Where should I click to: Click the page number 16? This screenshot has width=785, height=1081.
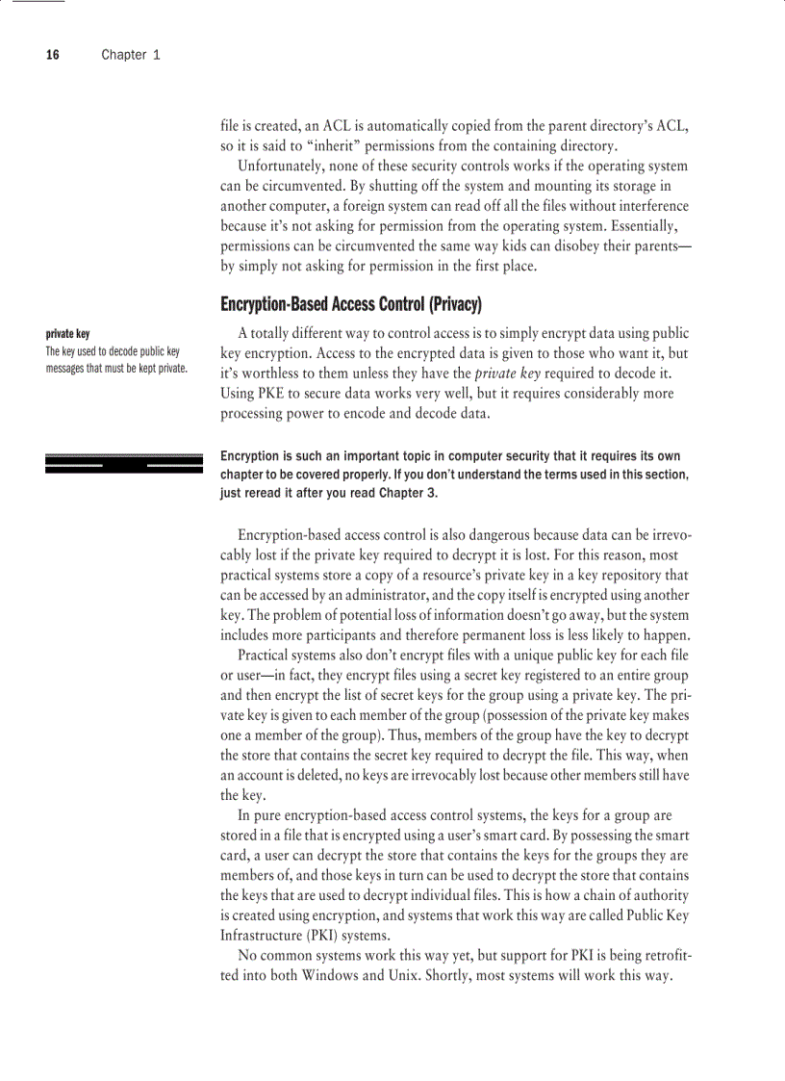(x=52, y=55)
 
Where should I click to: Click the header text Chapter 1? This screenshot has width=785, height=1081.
(x=131, y=55)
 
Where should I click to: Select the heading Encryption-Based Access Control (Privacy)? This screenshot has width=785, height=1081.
(x=350, y=305)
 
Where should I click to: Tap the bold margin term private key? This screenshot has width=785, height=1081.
(x=68, y=334)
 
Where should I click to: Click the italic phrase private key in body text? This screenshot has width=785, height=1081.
(x=514, y=373)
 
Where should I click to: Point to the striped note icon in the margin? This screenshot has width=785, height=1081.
(x=124, y=463)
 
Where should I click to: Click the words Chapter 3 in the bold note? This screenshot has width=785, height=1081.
(x=408, y=493)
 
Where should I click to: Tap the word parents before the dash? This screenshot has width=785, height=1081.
(x=651, y=246)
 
